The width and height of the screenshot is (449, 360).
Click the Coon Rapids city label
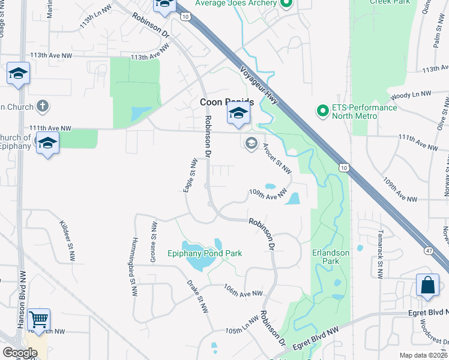pos(226,103)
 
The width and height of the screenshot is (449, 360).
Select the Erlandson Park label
pos(331,257)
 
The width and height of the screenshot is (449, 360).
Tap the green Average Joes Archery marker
pos(286,4)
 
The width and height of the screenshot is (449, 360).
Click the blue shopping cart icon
pos(39,319)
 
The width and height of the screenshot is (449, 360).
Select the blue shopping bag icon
pos(427,286)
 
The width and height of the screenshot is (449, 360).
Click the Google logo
pos(20,353)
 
